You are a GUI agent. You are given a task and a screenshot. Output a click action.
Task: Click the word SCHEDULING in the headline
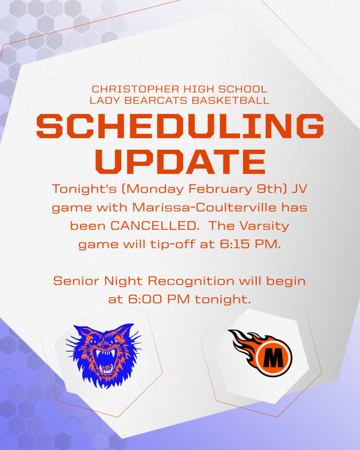(x=180, y=126)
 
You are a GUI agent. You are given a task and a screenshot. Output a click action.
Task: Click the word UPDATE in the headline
(x=180, y=161)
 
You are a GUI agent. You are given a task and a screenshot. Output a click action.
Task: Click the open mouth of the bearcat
(x=105, y=361)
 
